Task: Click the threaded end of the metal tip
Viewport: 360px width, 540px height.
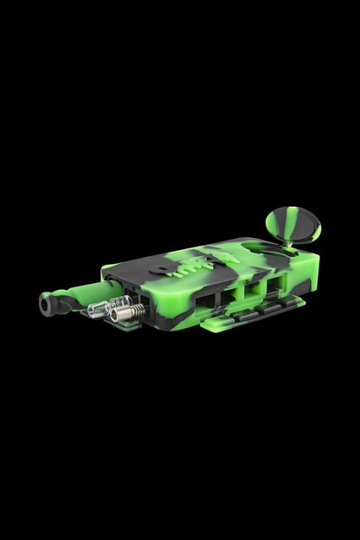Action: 138,305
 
